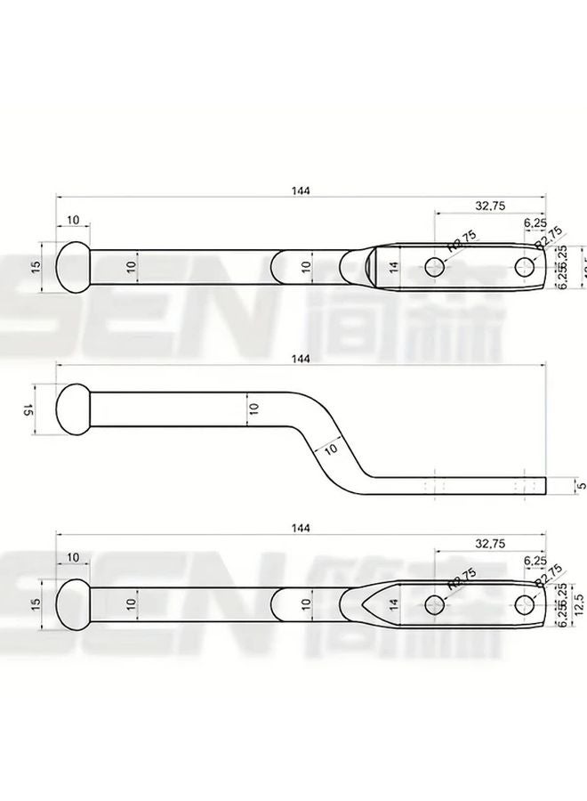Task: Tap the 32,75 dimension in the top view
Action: [x=490, y=206]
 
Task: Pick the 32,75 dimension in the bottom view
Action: [x=490, y=542]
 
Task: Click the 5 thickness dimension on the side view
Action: [x=580, y=486]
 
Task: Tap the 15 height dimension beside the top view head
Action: [x=36, y=266]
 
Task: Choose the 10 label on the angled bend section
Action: [x=331, y=449]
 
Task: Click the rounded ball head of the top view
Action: [x=73, y=266]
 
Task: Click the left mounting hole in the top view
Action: [x=434, y=266]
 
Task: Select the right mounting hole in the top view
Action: [x=523, y=266]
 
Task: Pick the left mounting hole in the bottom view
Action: [x=434, y=603]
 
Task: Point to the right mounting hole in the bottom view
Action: [x=523, y=603]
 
